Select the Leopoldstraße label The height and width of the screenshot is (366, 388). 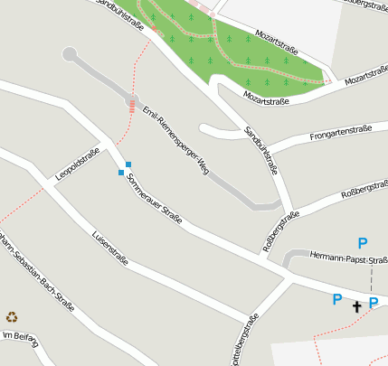click(x=76, y=164)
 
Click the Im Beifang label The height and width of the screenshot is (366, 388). click(x=20, y=338)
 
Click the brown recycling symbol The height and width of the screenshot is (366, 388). click(x=12, y=316)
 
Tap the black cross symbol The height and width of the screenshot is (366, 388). click(x=356, y=307)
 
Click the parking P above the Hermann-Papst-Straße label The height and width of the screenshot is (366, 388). click(x=363, y=242)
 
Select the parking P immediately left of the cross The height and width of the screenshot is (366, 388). click(x=337, y=300)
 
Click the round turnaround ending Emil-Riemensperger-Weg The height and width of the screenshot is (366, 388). click(x=70, y=54)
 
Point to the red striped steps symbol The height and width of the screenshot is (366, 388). click(x=132, y=106)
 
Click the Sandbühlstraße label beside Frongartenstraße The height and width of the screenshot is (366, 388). click(x=261, y=150)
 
